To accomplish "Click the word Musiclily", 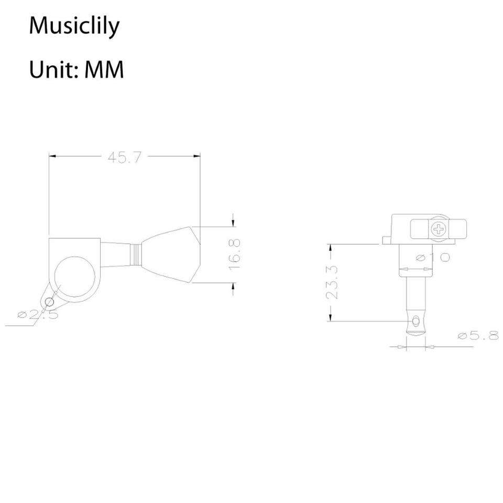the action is pyautogui.click(x=74, y=26).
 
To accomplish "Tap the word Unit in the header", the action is pyautogui.click(x=51, y=70).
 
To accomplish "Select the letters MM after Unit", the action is pyautogui.click(x=104, y=70).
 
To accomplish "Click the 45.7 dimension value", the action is pyautogui.click(x=124, y=158).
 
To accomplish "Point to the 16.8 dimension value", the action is pyautogui.click(x=235, y=255).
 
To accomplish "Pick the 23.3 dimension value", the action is pyautogui.click(x=332, y=282).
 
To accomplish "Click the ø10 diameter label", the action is pyautogui.click(x=433, y=257).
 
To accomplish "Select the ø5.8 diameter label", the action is pyautogui.click(x=478, y=335).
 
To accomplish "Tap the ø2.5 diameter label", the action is pyautogui.click(x=38, y=315).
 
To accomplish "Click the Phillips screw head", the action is pyautogui.click(x=439, y=229).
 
